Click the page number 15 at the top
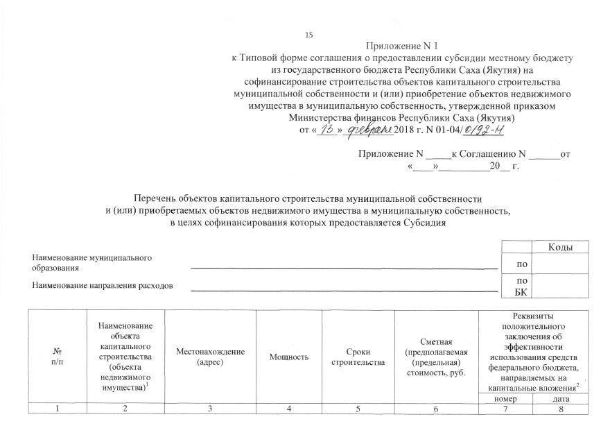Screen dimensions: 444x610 (308, 35)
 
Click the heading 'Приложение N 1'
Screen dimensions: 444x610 (406, 46)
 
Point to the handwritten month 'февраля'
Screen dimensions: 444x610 (369, 129)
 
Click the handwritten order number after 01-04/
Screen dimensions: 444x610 (485, 129)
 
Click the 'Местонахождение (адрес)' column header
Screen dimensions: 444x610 (210, 357)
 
